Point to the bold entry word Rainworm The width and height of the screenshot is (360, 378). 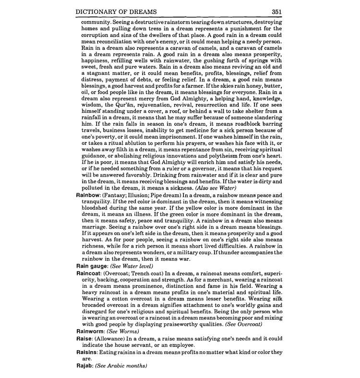click(93, 331)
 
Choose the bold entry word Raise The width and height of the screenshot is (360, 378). click(85, 338)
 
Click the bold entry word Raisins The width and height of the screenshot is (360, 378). click(88, 353)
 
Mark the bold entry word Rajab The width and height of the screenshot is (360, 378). click(85, 366)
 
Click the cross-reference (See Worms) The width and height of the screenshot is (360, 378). click(125, 331)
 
